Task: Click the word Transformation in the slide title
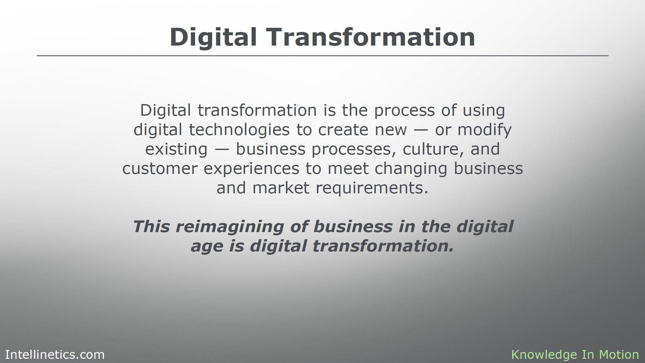tap(371, 37)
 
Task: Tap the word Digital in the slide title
tap(213, 37)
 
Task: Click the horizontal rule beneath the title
tap(322, 56)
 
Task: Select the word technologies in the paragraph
tap(239, 130)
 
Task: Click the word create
tap(343, 130)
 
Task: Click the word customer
tap(160, 169)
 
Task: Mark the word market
tap(281, 188)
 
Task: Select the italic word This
tap(151, 226)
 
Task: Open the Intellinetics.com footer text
tap(55, 355)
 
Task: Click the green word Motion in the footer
tap(619, 355)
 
